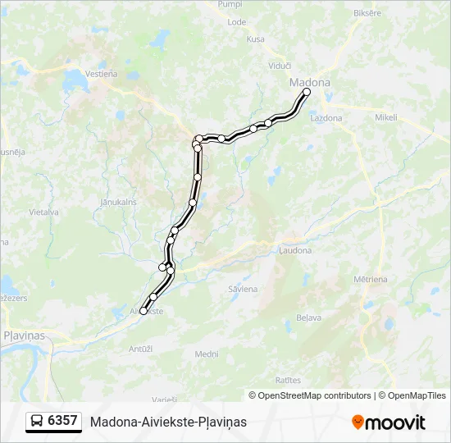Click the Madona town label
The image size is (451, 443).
click(310, 83)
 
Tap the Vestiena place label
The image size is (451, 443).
click(102, 73)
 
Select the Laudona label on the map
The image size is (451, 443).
click(295, 250)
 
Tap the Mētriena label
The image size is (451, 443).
click(371, 280)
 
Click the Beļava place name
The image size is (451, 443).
click(308, 316)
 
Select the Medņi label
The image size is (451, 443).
click(207, 354)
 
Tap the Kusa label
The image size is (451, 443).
click(256, 39)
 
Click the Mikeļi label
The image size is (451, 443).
click(385, 117)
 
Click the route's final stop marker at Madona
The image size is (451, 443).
click(307, 93)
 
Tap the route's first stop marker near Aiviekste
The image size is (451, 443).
click(143, 311)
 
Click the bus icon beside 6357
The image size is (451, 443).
click(37, 421)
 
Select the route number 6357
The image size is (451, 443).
click(63, 421)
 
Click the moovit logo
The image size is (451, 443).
click(389, 422)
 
